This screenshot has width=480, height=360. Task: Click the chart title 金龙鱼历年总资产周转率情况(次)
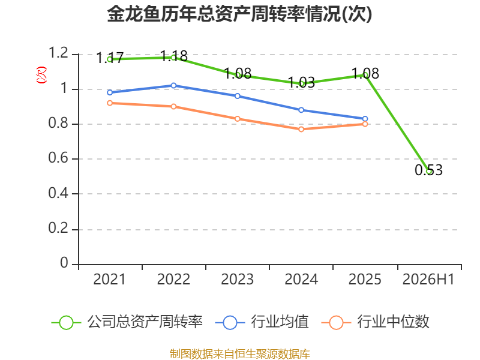[239, 14]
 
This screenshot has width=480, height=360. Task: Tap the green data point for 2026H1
[429, 172]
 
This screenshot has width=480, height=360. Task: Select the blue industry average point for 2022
[173, 85]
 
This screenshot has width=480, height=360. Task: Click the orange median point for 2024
[301, 129]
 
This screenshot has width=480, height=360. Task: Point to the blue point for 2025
[365, 119]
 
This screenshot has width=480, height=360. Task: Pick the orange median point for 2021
[110, 103]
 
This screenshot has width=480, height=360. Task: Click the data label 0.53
[428, 170]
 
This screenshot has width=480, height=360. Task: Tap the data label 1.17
[110, 58]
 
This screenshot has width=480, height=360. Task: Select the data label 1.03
[302, 82]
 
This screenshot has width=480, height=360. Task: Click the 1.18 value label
[174, 56]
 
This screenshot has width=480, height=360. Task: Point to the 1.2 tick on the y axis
[58, 53]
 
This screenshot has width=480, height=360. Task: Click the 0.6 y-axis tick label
[58, 158]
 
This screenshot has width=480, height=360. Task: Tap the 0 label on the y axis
[64, 263]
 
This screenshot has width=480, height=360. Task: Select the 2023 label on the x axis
[237, 280]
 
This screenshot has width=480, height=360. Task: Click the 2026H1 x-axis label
[428, 280]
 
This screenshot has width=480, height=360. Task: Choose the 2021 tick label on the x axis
[109, 280]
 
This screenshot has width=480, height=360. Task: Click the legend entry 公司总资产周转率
[127, 322]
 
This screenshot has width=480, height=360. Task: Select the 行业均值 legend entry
[262, 322]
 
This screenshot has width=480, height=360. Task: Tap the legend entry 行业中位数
[376, 322]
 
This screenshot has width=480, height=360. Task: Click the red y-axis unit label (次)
[41, 74]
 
